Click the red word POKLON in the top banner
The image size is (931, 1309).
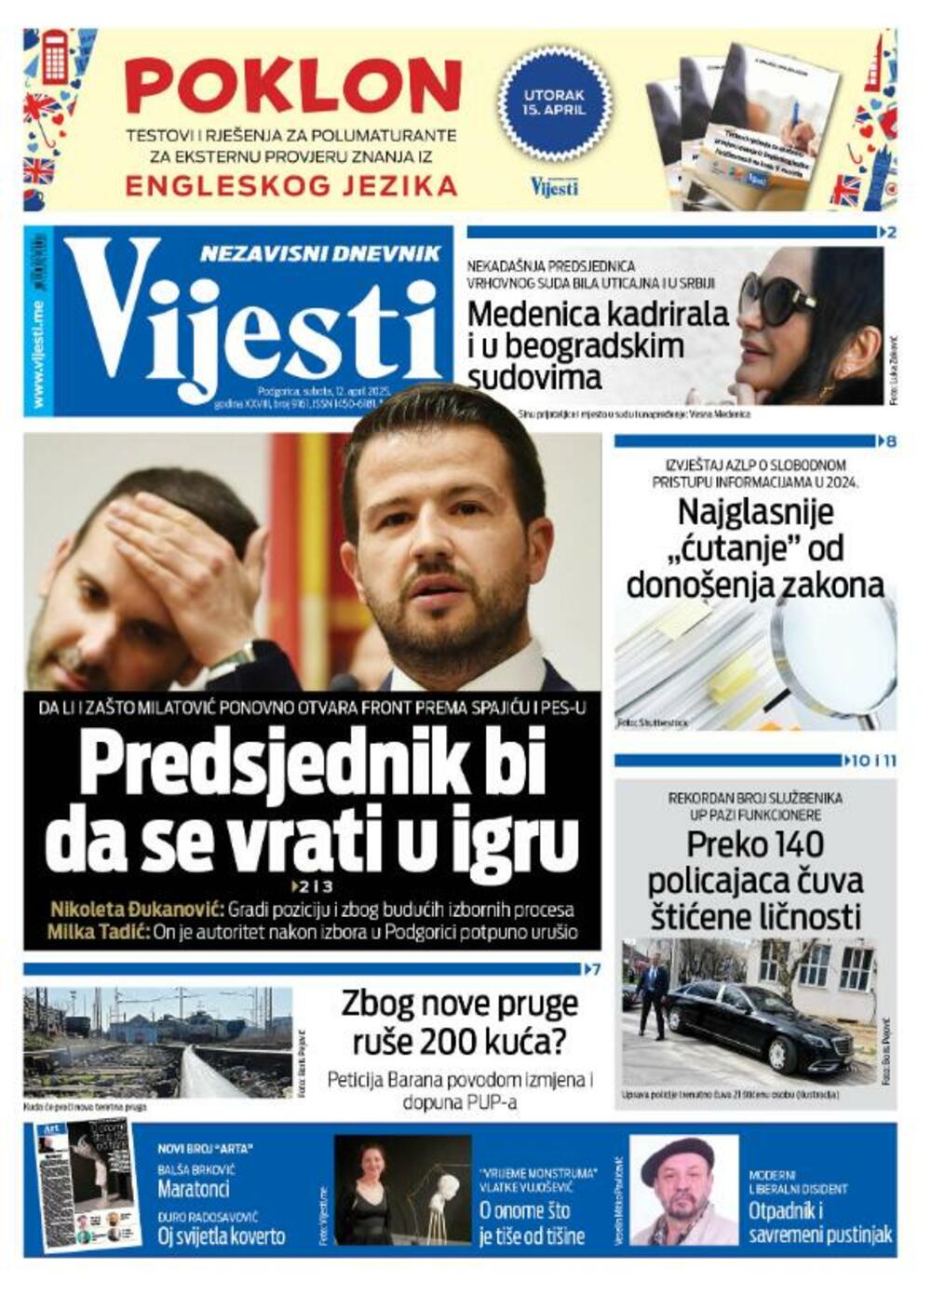click(x=292, y=86)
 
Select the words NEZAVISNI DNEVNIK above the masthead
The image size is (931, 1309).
click(x=320, y=253)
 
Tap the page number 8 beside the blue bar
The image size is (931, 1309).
click(x=891, y=441)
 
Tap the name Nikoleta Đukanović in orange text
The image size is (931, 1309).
click(x=137, y=910)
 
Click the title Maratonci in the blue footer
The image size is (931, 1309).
click(x=193, y=1189)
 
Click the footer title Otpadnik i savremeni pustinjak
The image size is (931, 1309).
click(x=820, y=1223)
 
